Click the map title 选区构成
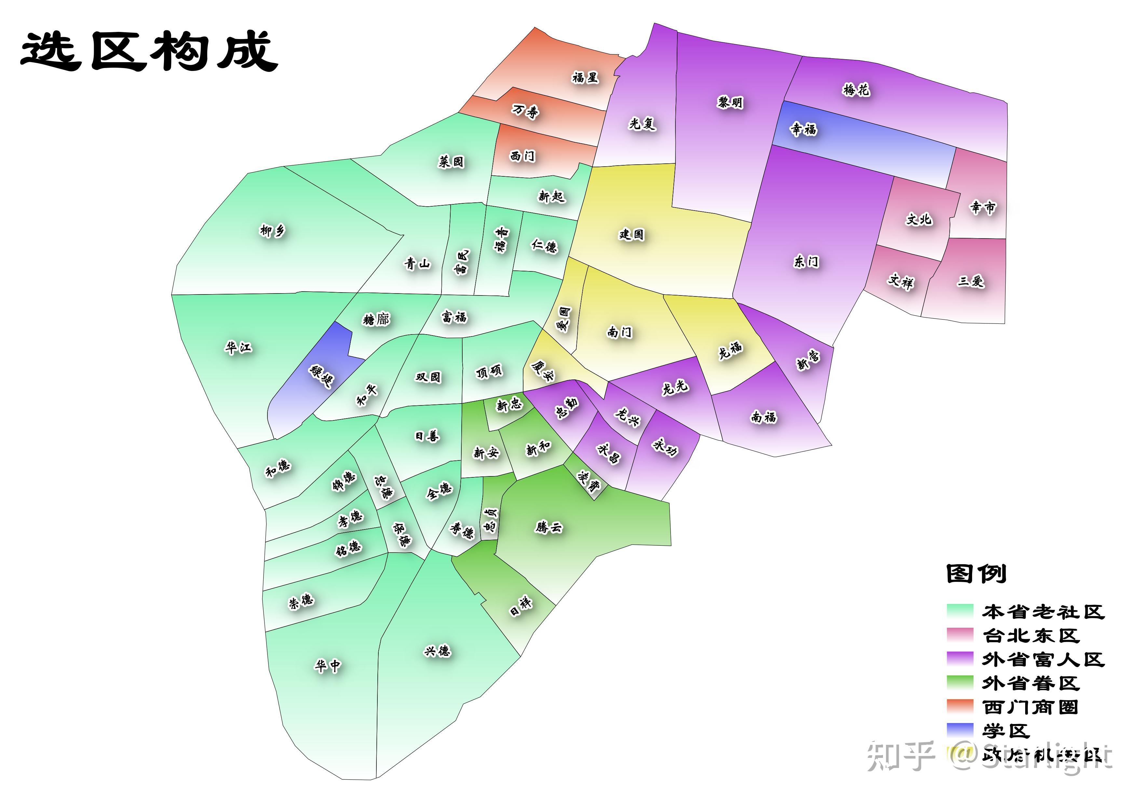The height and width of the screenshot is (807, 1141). click(x=149, y=51)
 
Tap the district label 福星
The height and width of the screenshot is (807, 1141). click(x=585, y=77)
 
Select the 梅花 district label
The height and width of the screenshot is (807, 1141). click(x=856, y=90)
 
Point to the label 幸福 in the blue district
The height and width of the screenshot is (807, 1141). click(x=804, y=129)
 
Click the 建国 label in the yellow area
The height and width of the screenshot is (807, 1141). click(x=631, y=234)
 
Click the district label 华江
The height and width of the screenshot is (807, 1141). click(x=238, y=347)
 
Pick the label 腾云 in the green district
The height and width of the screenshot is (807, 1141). click(x=549, y=527)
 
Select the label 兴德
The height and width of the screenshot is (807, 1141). click(x=437, y=650)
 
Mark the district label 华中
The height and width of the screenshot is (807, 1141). click(x=328, y=665)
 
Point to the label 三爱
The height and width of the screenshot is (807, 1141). click(x=970, y=281)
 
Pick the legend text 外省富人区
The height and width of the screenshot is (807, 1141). click(x=1043, y=659)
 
